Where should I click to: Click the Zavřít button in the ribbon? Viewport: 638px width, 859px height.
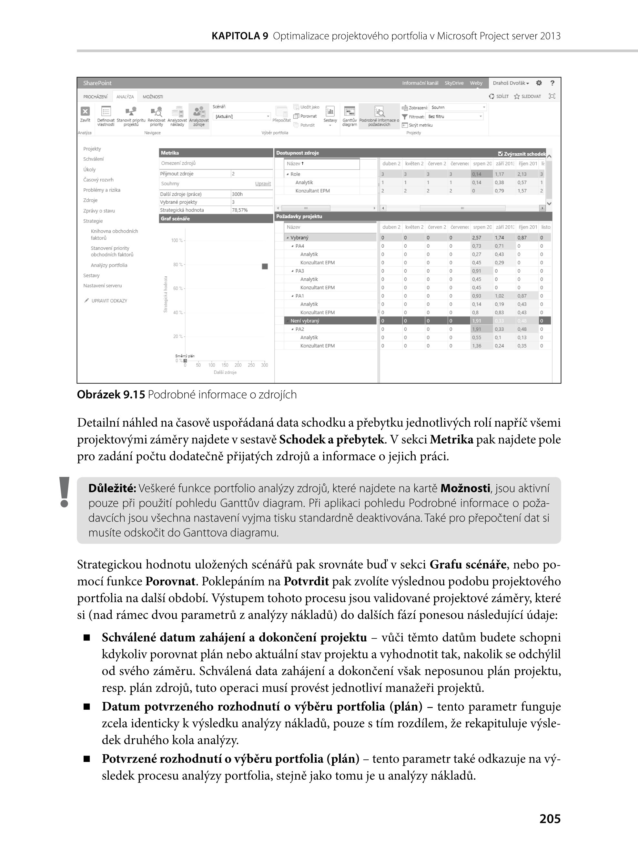[x=85, y=114]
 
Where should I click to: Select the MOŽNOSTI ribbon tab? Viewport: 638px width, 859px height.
[x=153, y=97]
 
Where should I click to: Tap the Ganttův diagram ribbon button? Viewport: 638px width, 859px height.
[x=349, y=116]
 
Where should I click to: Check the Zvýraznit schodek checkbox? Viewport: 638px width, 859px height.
[x=501, y=153]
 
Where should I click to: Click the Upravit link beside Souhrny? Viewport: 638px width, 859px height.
[x=263, y=184]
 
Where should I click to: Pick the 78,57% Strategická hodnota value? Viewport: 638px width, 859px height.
[x=240, y=210]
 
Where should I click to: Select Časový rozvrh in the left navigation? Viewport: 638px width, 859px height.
[x=98, y=180]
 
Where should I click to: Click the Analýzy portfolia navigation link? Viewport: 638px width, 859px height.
[x=109, y=265]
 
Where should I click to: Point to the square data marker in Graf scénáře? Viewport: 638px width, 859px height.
[x=265, y=266]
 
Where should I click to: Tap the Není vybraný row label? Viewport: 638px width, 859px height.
[x=305, y=321]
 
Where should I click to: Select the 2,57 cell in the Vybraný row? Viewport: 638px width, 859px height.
[x=477, y=238]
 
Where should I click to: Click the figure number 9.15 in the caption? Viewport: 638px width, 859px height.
[x=134, y=395]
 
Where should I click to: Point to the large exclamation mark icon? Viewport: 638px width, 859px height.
[x=64, y=492]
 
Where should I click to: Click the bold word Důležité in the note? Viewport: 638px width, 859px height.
[x=112, y=489]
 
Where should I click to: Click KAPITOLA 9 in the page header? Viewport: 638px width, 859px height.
[x=240, y=36]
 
